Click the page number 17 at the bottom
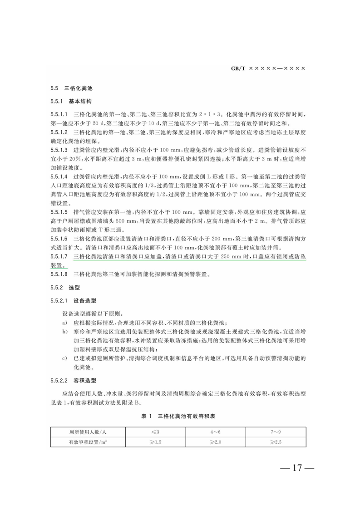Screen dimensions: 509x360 point(297,468)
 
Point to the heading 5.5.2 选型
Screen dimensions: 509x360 point(65,288)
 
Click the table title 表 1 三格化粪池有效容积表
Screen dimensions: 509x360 point(180,416)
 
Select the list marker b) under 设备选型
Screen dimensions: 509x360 point(65,332)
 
